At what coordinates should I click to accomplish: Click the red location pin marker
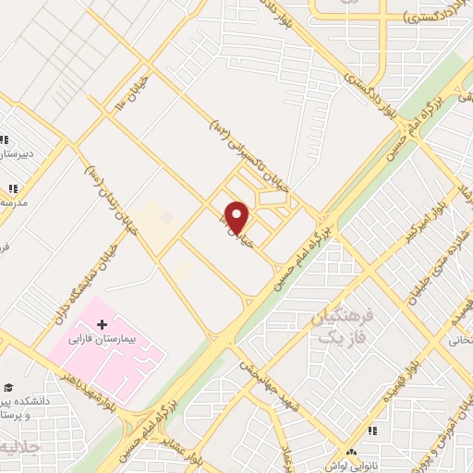point(238,218)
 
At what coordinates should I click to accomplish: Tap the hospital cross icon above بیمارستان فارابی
point(103,325)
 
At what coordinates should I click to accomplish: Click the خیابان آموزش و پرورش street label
point(458,406)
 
